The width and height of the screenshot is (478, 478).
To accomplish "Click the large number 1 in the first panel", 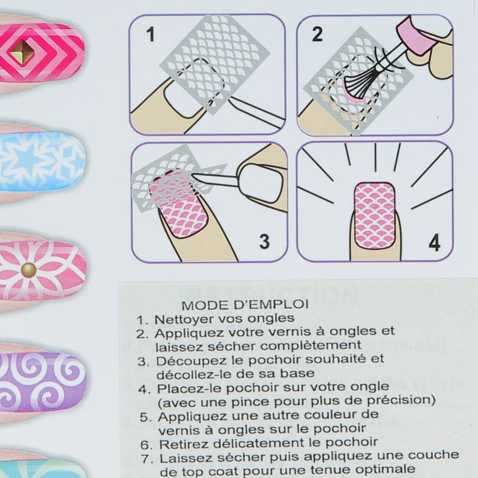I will (151, 34).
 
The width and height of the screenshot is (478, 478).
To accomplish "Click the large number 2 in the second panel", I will (317, 34).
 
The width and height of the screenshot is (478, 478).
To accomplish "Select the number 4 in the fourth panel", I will (434, 243).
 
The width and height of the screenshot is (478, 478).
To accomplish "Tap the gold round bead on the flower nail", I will (29, 269).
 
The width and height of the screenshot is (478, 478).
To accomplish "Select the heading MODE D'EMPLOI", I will (245, 305).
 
